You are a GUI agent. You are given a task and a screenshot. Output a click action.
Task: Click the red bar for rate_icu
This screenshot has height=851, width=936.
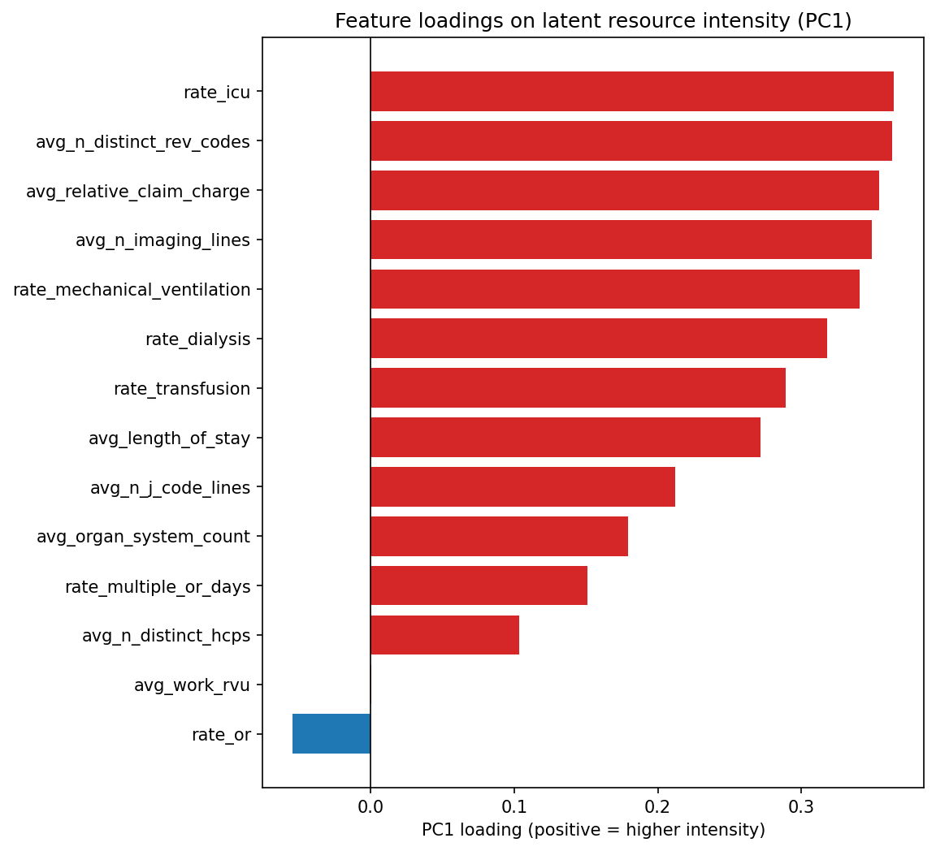(631, 91)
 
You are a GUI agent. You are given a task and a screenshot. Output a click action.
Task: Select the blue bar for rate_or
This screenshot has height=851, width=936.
(331, 734)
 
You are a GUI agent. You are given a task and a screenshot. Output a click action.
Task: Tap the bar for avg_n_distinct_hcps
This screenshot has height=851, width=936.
(444, 635)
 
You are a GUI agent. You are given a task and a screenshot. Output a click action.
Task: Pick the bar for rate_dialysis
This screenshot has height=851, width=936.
(598, 339)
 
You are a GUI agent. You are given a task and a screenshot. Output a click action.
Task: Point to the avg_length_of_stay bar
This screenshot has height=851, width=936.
(565, 438)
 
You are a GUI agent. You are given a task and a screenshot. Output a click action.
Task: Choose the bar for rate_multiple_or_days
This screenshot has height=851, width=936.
(479, 585)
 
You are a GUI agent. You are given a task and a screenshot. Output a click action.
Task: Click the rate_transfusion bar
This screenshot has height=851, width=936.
(578, 388)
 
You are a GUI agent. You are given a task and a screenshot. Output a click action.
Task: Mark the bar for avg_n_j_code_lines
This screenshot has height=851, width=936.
(522, 487)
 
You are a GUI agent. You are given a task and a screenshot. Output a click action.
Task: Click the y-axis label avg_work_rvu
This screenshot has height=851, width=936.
(192, 685)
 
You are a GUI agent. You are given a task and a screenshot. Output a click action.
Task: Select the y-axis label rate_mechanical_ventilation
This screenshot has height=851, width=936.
(132, 290)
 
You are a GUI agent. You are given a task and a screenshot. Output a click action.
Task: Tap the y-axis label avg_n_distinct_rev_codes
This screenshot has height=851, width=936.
(143, 142)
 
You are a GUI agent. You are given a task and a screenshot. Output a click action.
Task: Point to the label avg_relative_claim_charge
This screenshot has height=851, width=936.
(138, 192)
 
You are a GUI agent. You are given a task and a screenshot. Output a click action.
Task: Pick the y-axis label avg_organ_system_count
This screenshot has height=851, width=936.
(143, 537)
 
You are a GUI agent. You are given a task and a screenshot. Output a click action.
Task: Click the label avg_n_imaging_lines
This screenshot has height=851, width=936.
(162, 240)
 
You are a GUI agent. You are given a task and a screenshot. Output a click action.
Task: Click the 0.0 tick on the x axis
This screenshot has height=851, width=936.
(370, 808)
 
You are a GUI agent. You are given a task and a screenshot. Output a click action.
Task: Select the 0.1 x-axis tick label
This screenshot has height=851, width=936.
(513, 808)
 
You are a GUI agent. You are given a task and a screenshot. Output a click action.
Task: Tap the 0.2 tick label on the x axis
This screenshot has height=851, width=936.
(657, 808)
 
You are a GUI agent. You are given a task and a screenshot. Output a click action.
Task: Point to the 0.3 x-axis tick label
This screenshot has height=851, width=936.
(801, 808)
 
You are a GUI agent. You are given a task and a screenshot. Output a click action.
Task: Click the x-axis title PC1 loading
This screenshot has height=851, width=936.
(593, 830)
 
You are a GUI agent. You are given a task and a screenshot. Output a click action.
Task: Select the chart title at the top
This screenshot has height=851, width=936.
(593, 21)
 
